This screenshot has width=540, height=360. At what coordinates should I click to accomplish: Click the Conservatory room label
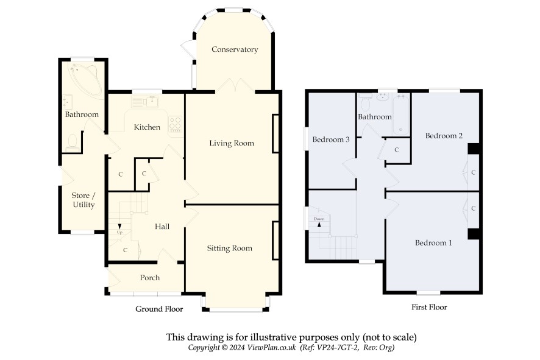click(x=235, y=49)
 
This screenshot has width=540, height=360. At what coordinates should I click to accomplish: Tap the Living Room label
click(x=232, y=143)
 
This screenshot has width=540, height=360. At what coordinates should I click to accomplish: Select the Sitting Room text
click(x=229, y=248)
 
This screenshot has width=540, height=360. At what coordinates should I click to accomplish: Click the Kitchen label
click(x=147, y=127)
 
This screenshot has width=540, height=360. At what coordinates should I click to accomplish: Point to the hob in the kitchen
click(x=175, y=124)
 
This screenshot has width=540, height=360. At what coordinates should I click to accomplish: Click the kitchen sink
click(x=145, y=102)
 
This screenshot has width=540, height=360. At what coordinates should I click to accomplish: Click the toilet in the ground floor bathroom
click(x=73, y=143)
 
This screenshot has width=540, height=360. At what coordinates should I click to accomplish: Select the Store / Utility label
click(x=83, y=200)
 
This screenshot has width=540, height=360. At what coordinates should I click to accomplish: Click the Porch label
click(x=150, y=277)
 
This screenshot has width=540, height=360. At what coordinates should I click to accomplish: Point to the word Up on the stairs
click(x=119, y=232)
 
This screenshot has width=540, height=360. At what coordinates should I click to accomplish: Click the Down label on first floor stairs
click(x=319, y=219)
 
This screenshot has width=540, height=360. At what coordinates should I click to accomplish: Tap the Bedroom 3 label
click(x=330, y=139)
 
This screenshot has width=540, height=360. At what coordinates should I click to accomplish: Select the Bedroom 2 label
click(x=444, y=136)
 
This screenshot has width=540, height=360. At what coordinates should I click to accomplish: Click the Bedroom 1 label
click(x=433, y=242)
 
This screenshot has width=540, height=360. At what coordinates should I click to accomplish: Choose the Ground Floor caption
click(x=159, y=309)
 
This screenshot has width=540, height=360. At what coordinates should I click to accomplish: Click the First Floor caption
click(x=429, y=307)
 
